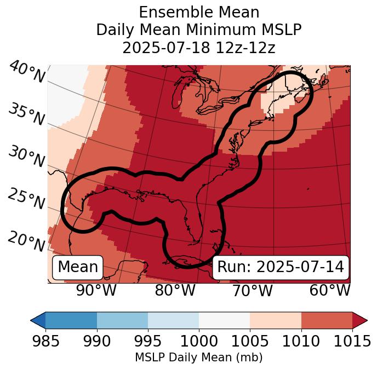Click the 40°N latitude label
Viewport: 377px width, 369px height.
pos(27,72)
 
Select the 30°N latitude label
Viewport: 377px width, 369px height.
pos(26,157)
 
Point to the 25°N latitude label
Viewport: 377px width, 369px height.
pos(26,199)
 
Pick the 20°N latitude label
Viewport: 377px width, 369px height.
pos(26,241)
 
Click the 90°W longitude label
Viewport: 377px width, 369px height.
pos(96,290)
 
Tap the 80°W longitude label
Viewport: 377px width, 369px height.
pos(175,290)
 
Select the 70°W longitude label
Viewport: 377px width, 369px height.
pos(252,290)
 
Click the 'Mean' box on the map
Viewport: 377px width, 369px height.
pos(78,267)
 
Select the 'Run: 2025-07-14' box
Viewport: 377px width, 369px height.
pos(281,267)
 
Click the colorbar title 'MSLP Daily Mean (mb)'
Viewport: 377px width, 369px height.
pos(198,358)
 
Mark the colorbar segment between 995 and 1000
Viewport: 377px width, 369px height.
pos(173,320)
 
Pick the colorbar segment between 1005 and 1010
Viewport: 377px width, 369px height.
pos(276,320)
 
